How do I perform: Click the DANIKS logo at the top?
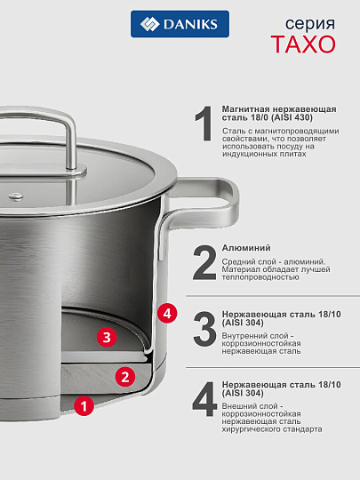point(180,24)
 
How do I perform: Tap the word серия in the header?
point(316,21)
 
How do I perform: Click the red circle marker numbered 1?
point(83,406)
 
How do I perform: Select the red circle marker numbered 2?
point(126,376)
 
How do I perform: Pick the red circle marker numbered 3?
point(107,338)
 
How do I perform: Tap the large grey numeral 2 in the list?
point(204,263)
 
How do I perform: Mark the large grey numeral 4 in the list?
point(204,399)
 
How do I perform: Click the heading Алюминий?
point(246,248)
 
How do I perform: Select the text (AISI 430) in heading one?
point(308,117)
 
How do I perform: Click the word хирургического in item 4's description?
point(253,428)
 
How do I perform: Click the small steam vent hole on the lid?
point(12,194)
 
